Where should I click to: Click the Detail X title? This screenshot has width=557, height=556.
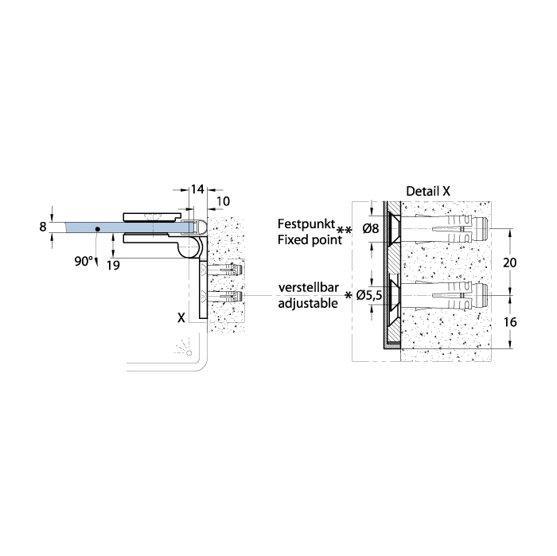[428, 192]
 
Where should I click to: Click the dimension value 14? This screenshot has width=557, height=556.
[197, 189]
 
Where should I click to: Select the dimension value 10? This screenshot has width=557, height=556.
[223, 201]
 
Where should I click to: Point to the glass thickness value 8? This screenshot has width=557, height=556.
[43, 227]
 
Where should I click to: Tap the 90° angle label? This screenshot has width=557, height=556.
[83, 262]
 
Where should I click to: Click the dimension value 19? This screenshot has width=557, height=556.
[113, 265]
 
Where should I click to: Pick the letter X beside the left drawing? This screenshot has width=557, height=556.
[181, 317]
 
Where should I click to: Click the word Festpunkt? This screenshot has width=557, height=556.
[306, 224]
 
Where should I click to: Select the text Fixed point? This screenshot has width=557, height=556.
[310, 240]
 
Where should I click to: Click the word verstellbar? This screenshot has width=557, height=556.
[309, 287]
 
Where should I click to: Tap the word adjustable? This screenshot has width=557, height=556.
[308, 304]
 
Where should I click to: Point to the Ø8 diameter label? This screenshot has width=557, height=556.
[371, 228]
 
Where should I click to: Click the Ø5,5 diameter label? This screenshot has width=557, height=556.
[369, 295]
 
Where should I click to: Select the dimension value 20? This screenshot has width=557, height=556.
[510, 262]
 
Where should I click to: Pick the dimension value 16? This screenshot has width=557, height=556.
[510, 322]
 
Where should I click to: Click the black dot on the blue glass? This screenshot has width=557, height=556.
[97, 229]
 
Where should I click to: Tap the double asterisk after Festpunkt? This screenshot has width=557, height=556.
[344, 231]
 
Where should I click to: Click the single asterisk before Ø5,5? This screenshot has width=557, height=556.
[349, 294]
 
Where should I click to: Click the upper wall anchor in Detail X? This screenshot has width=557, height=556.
[445, 228]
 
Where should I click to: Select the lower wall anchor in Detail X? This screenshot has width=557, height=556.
[445, 295]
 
